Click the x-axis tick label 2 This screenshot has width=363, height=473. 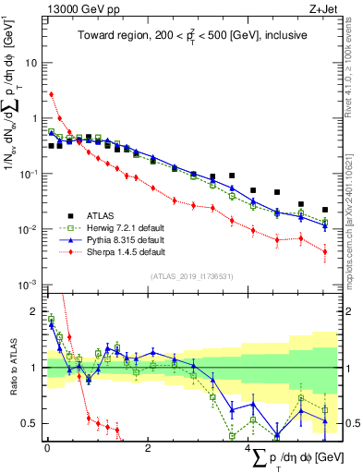(x=149, y=448)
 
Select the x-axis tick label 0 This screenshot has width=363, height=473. (x=47, y=448)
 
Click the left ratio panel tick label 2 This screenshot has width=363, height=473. (x=35, y=312)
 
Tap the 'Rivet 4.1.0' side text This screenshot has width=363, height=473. (x=355, y=74)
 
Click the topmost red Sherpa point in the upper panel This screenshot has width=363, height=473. (x=52, y=94)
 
